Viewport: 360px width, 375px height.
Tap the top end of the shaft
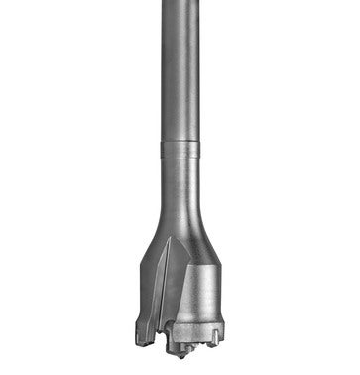pyautogui.click(x=179, y=3)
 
